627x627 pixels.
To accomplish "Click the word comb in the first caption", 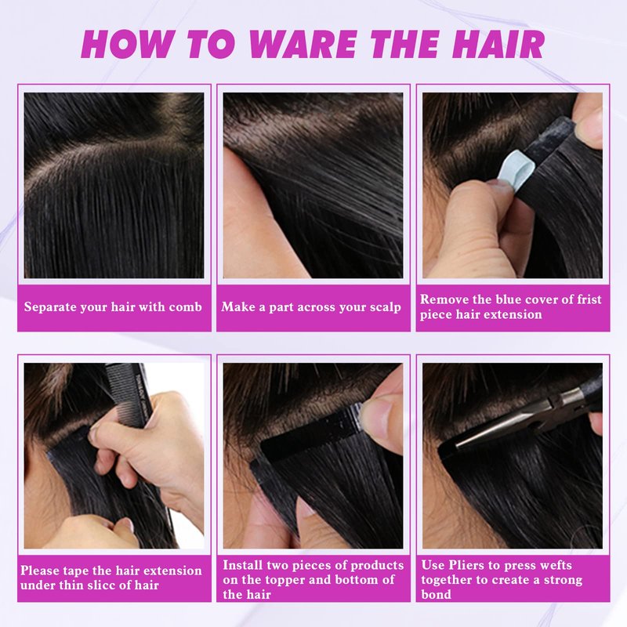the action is pyautogui.click(x=185, y=307).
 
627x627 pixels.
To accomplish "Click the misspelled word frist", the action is pyautogui.click(x=589, y=299).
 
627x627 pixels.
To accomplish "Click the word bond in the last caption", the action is pyautogui.click(x=437, y=595).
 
